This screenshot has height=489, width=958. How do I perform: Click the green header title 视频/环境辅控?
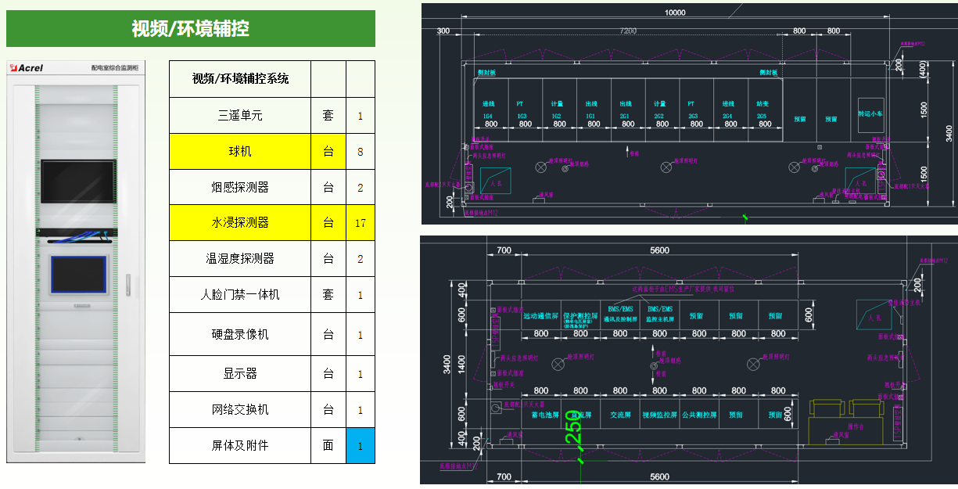190,29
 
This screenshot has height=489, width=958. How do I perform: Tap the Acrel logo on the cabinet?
29,68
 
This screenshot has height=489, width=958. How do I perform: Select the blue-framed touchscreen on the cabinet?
78,275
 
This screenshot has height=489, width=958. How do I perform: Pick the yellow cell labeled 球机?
240,152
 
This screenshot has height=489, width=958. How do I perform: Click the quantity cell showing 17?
361,223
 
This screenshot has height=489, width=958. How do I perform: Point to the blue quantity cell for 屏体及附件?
361,445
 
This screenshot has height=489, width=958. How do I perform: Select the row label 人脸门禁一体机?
240,295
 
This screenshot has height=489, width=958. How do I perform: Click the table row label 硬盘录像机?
240,334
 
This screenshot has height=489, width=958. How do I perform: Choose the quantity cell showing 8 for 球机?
361,152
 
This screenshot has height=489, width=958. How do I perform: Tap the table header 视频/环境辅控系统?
240,79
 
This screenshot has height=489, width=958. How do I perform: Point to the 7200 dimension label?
628,31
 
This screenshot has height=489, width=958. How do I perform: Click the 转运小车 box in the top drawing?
870,113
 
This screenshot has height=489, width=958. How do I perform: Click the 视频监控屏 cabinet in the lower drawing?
659,415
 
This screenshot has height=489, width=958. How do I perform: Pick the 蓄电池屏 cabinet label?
544,415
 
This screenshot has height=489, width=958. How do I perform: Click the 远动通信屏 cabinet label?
540,316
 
